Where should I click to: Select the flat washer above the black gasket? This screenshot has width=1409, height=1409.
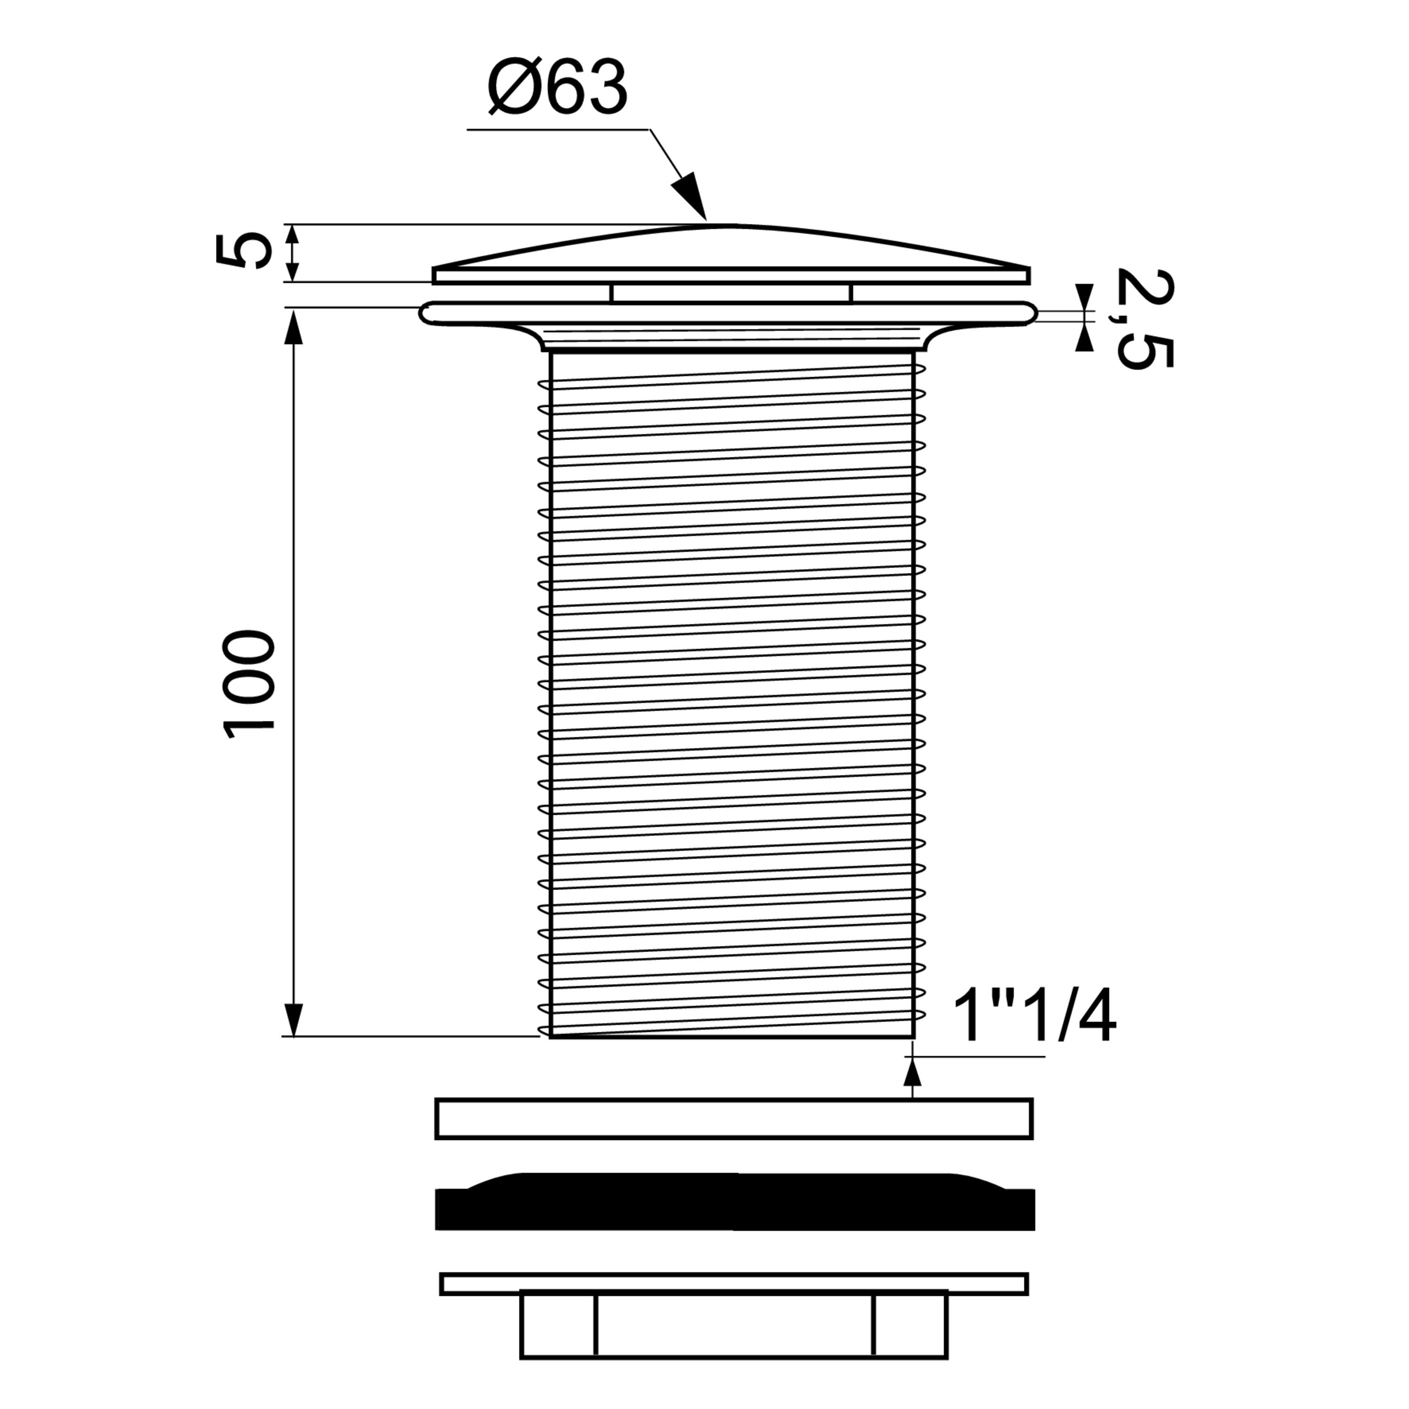[734, 1119]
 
